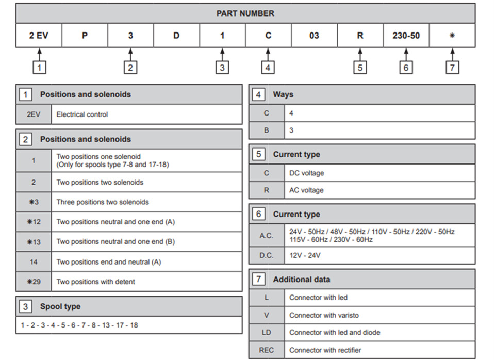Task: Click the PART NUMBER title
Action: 245,13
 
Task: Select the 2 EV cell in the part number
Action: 39,36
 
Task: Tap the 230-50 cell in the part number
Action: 406,36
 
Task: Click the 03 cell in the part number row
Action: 314,36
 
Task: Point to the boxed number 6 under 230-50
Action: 406,67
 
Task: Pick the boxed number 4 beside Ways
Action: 258,94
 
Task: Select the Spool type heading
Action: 60,306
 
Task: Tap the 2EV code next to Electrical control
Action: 34,114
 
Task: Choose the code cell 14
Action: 34,262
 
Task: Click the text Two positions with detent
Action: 95,282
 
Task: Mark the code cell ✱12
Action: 34,222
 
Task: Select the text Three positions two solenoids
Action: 103,202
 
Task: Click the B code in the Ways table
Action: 267,130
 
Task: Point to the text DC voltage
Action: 307,173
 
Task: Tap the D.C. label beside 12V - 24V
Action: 267,255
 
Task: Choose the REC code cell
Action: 267,350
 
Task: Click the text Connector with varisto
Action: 324,315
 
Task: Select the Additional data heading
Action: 302,280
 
